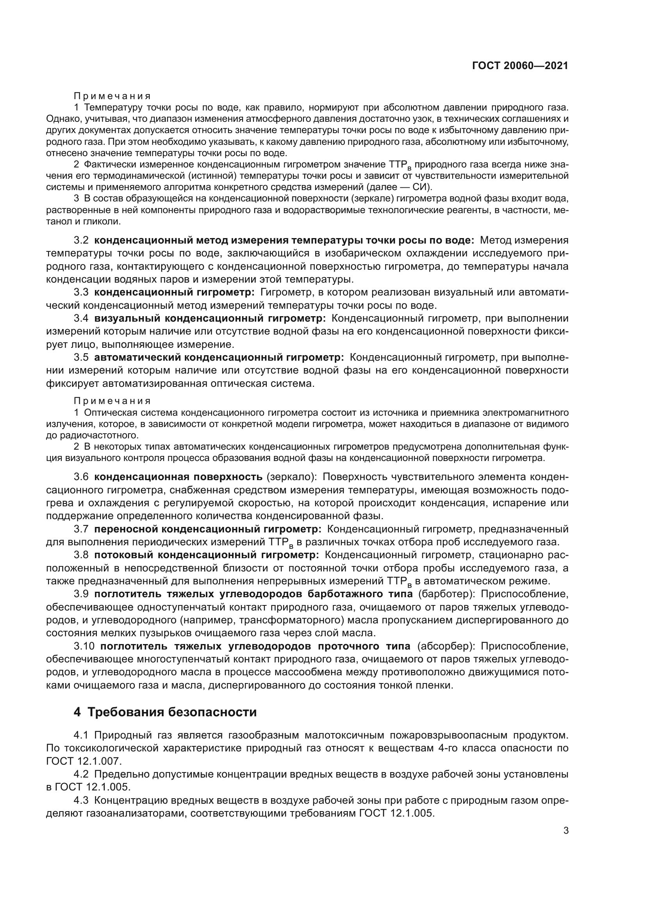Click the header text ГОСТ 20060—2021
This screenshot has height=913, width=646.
(x=519, y=66)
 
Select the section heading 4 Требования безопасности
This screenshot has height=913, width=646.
(x=165, y=712)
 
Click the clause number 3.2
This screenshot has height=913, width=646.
(x=81, y=240)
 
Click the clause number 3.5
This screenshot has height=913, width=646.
(x=81, y=358)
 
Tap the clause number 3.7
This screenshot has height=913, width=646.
(x=81, y=529)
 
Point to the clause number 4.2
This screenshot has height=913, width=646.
(x=81, y=774)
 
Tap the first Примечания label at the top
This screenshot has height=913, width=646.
(x=112, y=96)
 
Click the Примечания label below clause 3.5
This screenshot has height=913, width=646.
(x=112, y=401)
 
